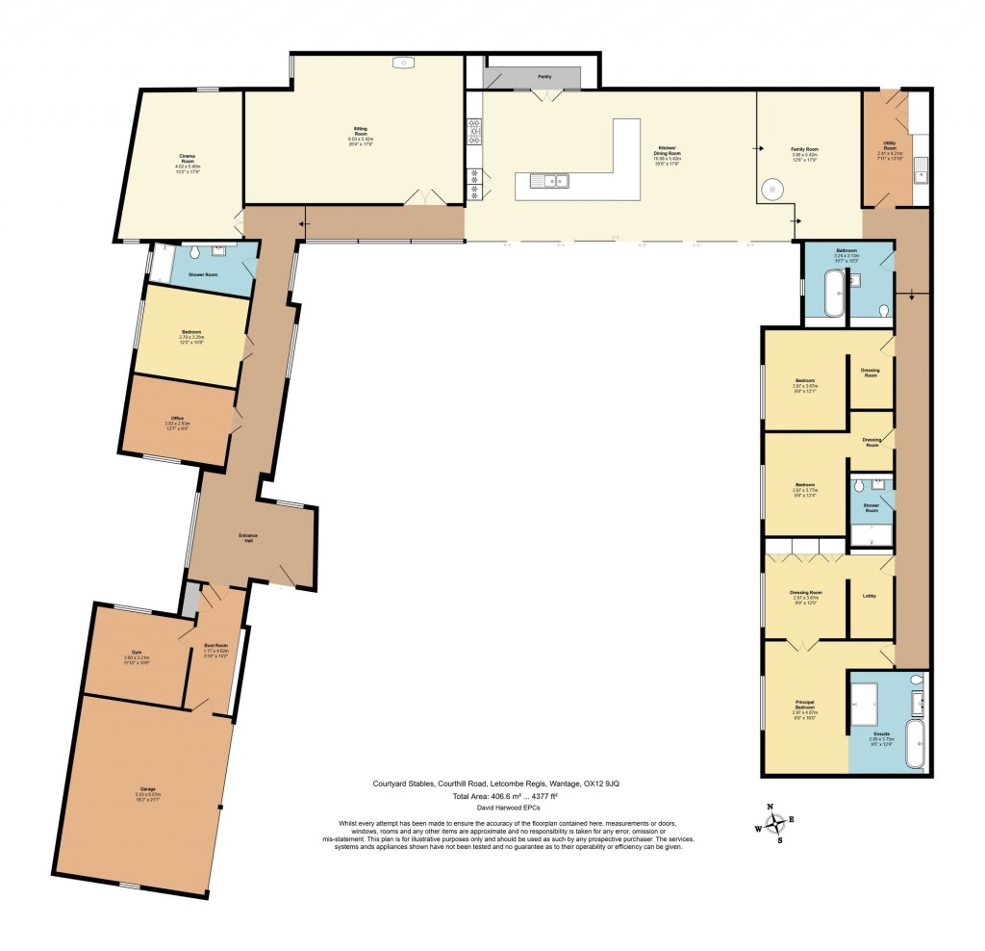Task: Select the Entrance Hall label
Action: pyautogui.click(x=248, y=538)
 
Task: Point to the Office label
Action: pyautogui.click(x=178, y=417)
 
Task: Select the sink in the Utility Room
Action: pyautogui.click(x=921, y=174)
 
